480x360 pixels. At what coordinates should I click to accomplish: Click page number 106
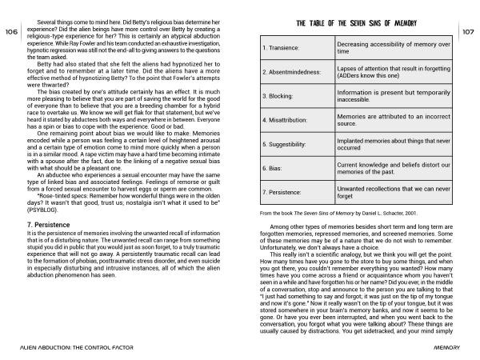(11, 31)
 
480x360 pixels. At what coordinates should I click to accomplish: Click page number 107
(469, 31)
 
